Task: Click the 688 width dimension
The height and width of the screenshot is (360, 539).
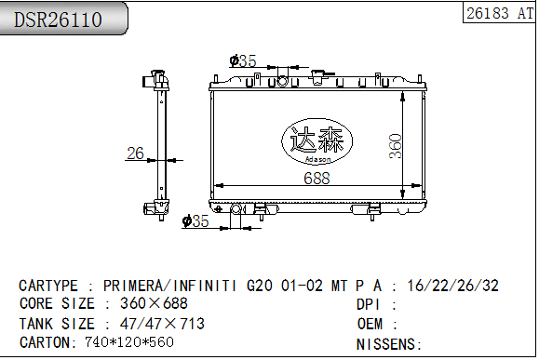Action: [317, 180]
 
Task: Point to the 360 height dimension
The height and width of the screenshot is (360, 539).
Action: [395, 144]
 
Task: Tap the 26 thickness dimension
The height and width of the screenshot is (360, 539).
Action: [136, 153]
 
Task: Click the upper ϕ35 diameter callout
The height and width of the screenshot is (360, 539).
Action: [242, 61]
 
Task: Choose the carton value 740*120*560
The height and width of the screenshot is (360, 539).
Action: [129, 342]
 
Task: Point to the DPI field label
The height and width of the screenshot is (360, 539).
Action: [371, 304]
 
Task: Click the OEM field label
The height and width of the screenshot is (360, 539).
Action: [371, 324]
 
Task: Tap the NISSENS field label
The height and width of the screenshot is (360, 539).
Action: [387, 344]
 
